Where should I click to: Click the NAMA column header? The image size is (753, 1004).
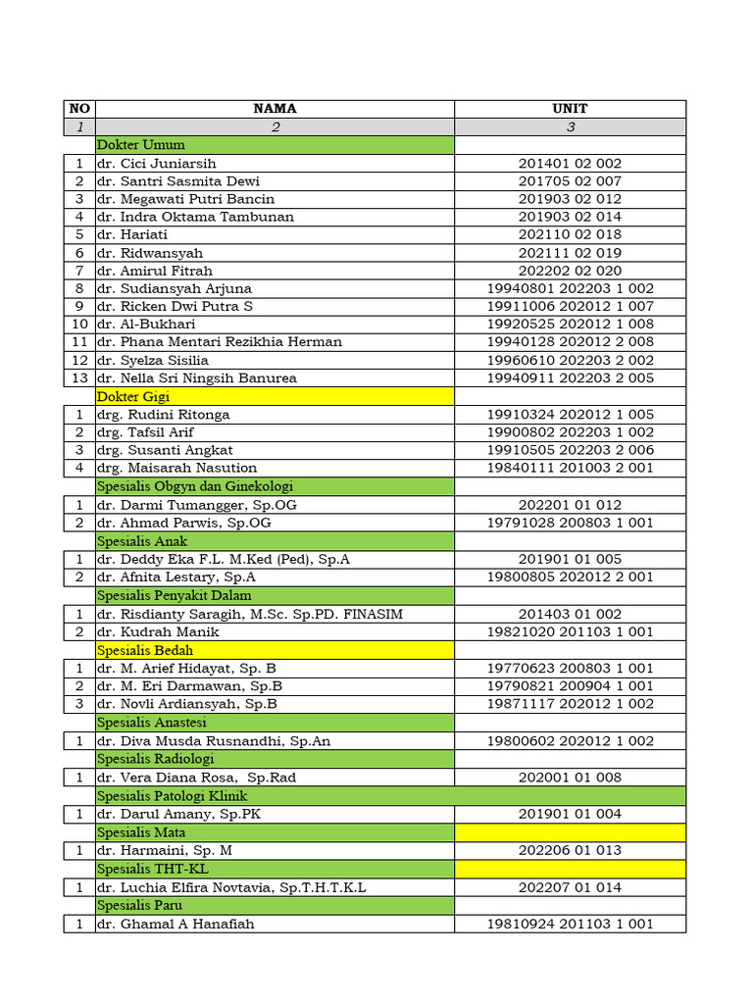tap(275, 109)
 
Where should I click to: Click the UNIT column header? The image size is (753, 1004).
tap(570, 109)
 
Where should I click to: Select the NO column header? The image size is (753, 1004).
tap(78, 109)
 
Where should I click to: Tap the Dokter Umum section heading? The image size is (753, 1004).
tap(141, 145)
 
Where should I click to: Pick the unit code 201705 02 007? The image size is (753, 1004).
tap(570, 181)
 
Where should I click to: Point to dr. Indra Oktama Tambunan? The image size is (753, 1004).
tap(195, 217)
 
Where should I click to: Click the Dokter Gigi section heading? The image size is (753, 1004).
tap(133, 396)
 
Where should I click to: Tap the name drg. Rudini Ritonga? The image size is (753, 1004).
tap(164, 415)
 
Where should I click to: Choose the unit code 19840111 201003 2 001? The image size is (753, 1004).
tap(570, 468)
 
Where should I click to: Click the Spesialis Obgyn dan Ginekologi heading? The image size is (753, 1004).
tap(195, 486)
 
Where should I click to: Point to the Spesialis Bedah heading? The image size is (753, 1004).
tap(145, 650)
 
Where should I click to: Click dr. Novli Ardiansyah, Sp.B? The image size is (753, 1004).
tap(187, 704)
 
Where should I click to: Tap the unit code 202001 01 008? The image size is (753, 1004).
tap(570, 778)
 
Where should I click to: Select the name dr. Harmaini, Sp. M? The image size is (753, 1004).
tap(165, 850)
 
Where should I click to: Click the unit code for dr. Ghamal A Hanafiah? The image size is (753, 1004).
tap(570, 924)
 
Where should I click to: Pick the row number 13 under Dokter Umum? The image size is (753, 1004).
tap(78, 378)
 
